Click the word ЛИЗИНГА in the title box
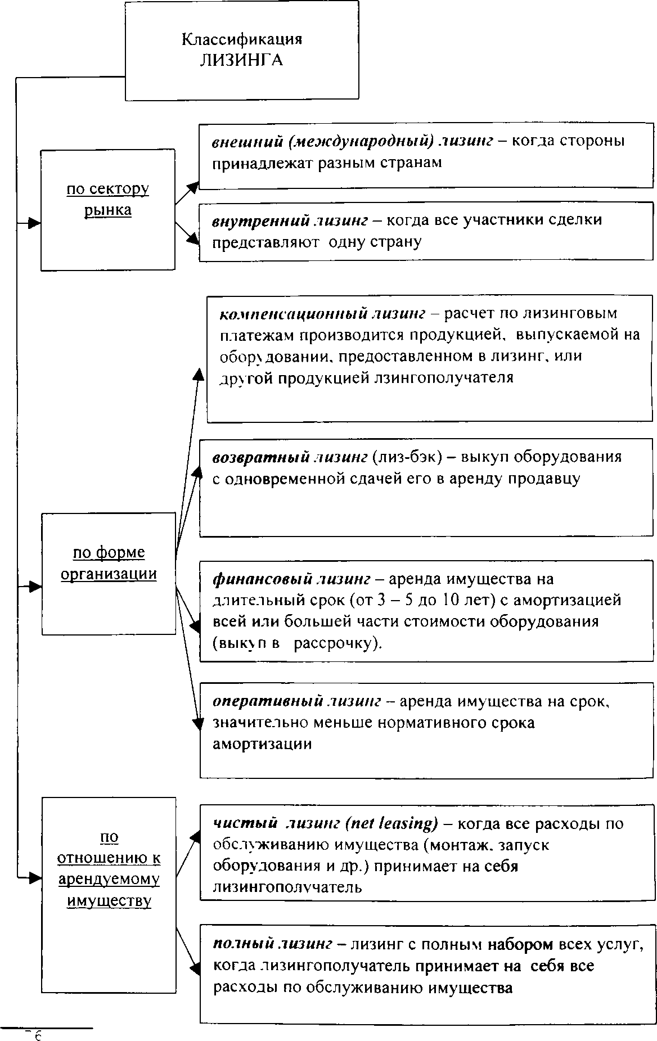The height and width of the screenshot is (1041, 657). [241, 61]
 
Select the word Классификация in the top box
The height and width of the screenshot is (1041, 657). [241, 39]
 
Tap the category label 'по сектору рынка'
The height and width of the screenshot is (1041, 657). [108, 200]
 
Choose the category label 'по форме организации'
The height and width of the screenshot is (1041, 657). [109, 564]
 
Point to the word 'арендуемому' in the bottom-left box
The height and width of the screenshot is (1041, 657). [109, 880]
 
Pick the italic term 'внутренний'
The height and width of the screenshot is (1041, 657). [258, 220]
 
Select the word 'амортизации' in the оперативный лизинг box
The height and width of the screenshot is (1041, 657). [262, 744]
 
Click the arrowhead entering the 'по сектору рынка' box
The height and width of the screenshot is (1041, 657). [35, 223]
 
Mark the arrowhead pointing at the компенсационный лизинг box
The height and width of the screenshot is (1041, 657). [199, 375]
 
